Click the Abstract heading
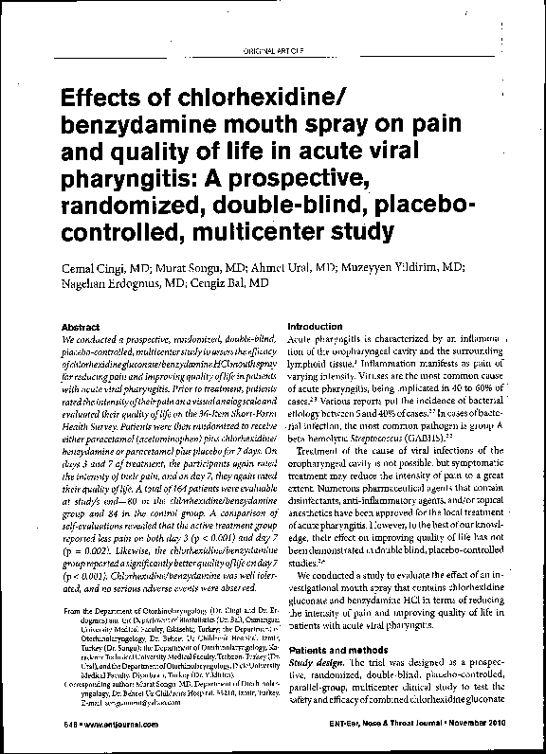[x=81, y=327]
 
